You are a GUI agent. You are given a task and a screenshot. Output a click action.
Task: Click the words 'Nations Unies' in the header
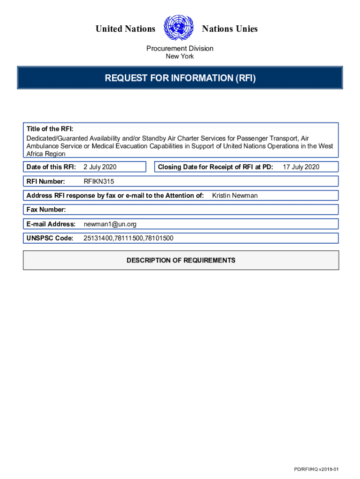[230, 29]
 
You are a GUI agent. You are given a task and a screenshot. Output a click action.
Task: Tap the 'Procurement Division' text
[180, 48]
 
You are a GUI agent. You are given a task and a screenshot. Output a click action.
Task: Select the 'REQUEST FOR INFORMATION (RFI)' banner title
[180, 78]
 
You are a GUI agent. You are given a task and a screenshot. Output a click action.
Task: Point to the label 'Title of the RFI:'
[50, 129]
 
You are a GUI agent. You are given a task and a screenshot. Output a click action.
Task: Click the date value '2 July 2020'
[100, 167]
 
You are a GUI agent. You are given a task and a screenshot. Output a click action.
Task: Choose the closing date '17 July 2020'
[301, 167]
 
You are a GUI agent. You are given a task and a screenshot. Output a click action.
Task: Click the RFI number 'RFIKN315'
[99, 181]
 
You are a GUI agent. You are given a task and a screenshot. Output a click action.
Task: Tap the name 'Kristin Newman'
[235, 196]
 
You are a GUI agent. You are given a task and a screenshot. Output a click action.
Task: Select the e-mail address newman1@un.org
[110, 224]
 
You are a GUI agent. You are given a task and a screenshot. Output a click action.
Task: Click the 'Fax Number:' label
[46, 210]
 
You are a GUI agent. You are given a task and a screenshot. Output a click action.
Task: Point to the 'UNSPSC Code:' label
[50, 238]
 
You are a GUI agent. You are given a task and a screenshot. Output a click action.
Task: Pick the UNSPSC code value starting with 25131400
[128, 238]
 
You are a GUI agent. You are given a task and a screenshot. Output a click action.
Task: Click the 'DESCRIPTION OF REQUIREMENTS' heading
[181, 260]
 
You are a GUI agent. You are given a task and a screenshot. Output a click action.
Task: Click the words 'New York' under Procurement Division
[180, 57]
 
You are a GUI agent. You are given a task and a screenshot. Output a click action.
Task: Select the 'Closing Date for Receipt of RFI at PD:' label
[216, 167]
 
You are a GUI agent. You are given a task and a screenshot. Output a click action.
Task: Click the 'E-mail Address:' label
[51, 224]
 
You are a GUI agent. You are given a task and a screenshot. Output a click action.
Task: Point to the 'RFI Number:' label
[46, 181]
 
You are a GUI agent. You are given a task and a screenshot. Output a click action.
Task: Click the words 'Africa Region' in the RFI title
[46, 153]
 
